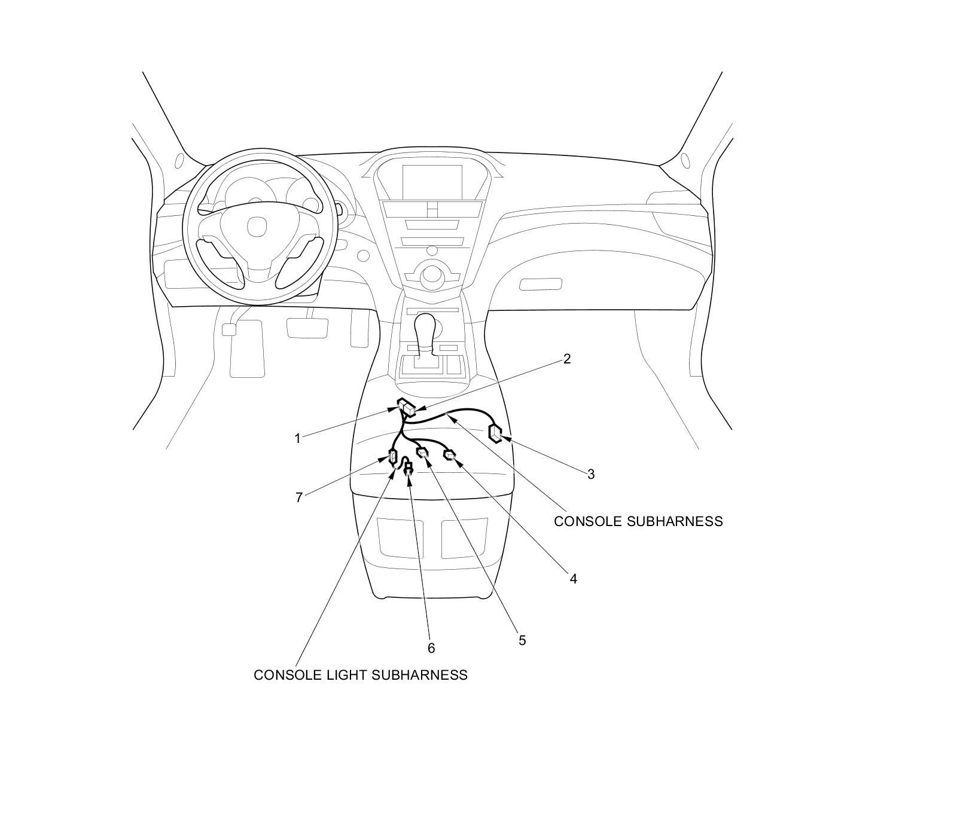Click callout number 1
point(297,439)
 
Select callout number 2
point(566,359)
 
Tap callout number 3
point(591,475)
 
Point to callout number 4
point(573,579)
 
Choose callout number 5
point(522,641)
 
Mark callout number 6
point(431,648)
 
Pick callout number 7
point(299,497)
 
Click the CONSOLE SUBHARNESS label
point(638,521)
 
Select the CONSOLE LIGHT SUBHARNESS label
point(360,675)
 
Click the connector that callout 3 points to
point(496,433)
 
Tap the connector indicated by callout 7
point(392,457)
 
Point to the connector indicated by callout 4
point(450,456)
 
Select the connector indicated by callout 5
point(423,454)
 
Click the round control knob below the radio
point(431,276)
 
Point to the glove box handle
point(540,284)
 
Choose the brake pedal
point(307,328)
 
